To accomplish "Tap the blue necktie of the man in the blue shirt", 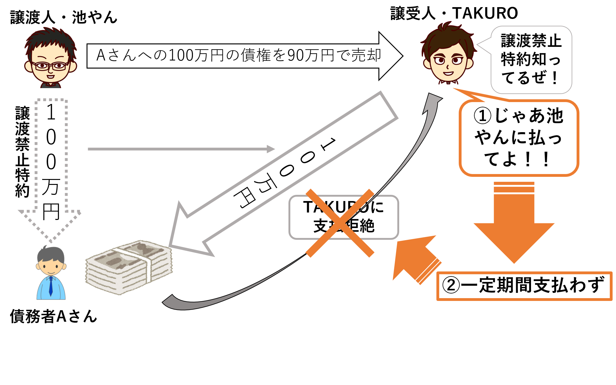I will coord(51,287).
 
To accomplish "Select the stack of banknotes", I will coord(129,267).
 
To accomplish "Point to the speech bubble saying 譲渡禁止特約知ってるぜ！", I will coord(531,60).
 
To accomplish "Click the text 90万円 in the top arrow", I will coord(310,56).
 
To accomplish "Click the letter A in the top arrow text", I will coord(101,56).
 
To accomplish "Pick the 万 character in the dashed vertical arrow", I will coord(51,187).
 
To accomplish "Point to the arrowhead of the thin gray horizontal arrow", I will coord(271,149).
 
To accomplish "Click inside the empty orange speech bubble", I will coord(519,138).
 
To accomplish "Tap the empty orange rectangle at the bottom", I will coord(524,286).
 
